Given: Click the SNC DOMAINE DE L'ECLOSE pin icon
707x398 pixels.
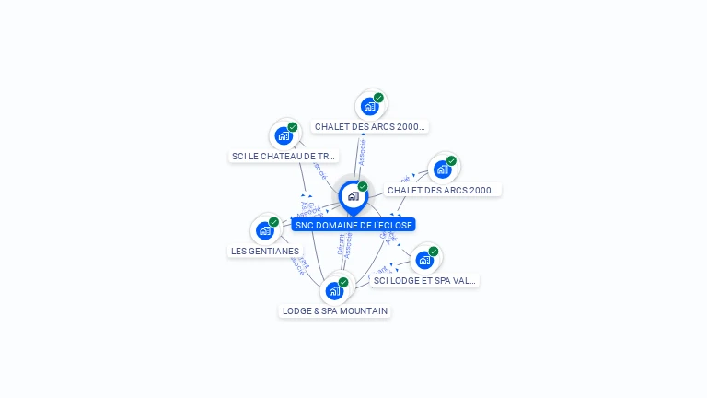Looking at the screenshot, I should [353, 196].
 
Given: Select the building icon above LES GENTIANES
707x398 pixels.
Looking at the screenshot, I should [265, 230].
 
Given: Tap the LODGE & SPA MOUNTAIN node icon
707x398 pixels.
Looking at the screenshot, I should [334, 291].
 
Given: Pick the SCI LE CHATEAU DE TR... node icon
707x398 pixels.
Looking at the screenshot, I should [284, 135].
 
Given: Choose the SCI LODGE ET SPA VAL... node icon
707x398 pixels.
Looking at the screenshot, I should [423, 260].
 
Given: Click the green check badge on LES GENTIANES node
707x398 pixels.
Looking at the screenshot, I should [273, 222].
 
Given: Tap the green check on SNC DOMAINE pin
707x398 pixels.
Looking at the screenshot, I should [363, 187].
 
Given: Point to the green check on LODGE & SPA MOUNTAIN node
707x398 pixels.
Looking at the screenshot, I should [343, 283].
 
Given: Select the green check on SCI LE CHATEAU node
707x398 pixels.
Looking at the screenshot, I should [293, 127].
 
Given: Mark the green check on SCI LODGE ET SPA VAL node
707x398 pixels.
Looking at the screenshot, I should [433, 252].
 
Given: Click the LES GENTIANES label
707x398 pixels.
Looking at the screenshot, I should [265, 251].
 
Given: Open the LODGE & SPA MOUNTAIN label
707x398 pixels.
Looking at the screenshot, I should [335, 311].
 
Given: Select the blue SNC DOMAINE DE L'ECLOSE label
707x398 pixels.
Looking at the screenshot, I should [353, 225].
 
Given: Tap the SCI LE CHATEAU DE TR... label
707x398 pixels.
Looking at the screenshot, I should [284, 157].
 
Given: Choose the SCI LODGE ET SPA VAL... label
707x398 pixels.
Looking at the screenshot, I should [425, 280].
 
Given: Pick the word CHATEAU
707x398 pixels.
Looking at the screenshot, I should [287, 157].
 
